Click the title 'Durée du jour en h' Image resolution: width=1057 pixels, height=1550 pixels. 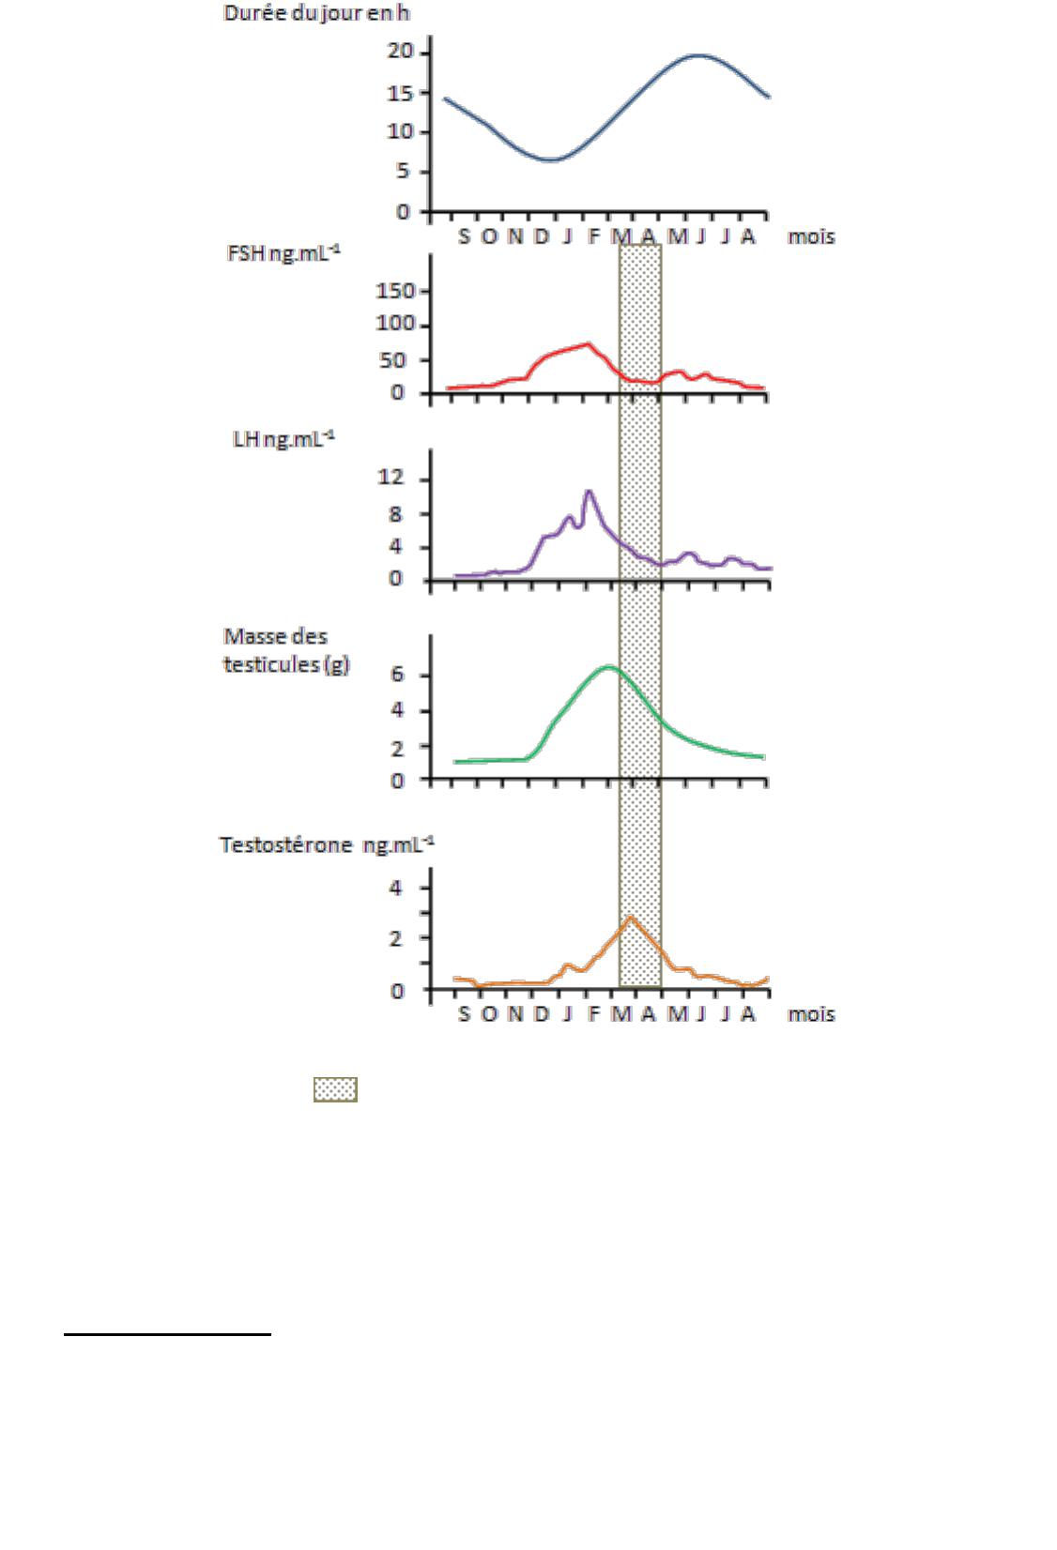click(x=316, y=14)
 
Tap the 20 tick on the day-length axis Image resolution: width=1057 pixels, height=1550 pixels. click(x=401, y=52)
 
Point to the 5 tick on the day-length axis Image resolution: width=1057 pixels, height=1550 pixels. click(x=404, y=172)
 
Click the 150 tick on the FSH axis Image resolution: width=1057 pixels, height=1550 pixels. click(x=395, y=291)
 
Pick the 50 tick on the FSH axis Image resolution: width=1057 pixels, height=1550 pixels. click(x=404, y=361)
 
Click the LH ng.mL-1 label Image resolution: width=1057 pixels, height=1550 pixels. click(x=283, y=439)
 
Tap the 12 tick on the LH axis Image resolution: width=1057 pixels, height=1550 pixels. click(x=391, y=479)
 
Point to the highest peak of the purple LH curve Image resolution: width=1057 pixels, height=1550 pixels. click(x=589, y=491)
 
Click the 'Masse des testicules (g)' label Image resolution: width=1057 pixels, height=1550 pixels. click(x=285, y=650)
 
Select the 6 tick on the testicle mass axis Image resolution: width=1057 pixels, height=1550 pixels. click(x=397, y=676)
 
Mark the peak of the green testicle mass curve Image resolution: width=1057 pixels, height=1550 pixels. click(x=610, y=667)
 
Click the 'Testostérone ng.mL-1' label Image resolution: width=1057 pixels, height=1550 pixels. click(x=326, y=845)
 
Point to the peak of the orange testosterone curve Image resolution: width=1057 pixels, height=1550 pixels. click(x=630, y=917)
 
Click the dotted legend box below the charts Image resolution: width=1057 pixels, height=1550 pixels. click(x=335, y=1089)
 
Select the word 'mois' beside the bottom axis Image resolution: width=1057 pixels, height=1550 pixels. click(x=811, y=1014)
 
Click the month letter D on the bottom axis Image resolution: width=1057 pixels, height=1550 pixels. click(x=542, y=1014)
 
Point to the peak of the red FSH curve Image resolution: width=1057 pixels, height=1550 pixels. click(x=589, y=343)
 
